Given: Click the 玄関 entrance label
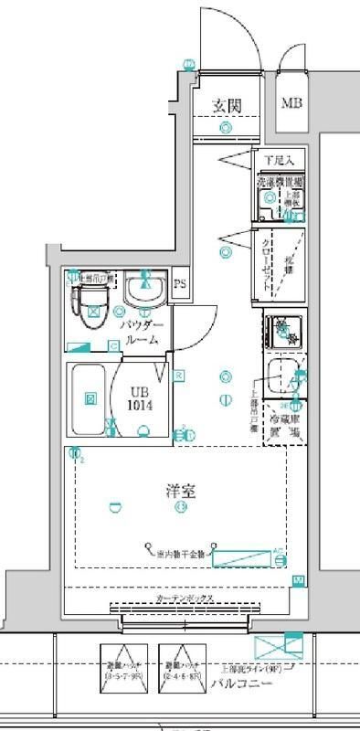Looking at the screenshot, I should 227,106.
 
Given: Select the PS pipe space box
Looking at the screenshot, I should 180,282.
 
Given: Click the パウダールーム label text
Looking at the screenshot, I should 142,334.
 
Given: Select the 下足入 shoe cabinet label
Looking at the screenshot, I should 274,161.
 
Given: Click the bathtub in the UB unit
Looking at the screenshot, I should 90,398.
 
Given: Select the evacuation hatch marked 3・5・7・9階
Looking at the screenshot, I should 122,669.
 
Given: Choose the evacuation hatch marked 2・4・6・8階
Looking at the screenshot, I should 181,669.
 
